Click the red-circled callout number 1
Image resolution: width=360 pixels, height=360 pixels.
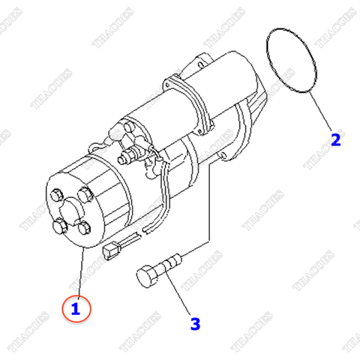tap(76, 307)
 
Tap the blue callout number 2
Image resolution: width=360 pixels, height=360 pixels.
tap(336, 139)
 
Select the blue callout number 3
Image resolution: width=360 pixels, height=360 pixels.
tap(195, 324)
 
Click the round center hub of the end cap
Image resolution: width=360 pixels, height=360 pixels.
tap(69, 211)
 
